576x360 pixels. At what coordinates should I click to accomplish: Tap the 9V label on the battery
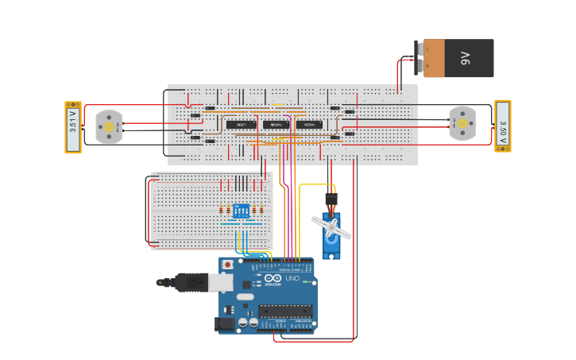[x=466, y=58]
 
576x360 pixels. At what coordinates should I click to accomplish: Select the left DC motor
[x=109, y=126]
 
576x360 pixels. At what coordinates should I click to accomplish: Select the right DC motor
[x=462, y=123]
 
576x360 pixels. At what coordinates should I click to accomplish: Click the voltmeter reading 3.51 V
[x=73, y=127]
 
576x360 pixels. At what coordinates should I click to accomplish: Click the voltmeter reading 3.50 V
[x=502, y=126]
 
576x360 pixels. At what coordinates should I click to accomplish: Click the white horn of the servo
[x=331, y=228]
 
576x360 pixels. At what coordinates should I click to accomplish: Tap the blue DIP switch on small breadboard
[x=241, y=211]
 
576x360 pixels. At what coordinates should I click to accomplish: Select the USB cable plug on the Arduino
[x=195, y=282]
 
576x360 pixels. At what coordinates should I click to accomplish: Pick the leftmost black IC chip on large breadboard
[x=240, y=125]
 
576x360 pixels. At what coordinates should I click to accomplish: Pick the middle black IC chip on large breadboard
[x=275, y=125]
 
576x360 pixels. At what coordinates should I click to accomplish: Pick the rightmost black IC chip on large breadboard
[x=308, y=125]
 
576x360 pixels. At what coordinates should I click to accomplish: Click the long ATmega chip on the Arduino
[x=284, y=311]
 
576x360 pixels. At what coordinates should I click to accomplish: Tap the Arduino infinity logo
[x=273, y=278]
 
